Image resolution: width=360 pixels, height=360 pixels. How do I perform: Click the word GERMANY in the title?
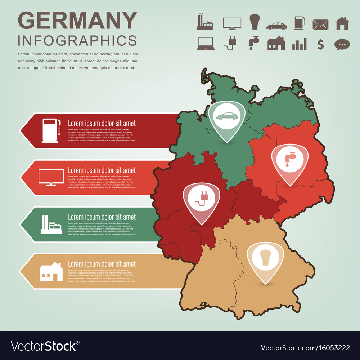tap(77, 21)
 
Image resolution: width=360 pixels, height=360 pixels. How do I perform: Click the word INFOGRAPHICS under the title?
tap(77, 40)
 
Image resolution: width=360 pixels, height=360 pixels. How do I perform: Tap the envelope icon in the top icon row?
tap(320, 24)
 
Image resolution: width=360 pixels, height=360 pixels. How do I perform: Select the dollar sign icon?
tap(320, 44)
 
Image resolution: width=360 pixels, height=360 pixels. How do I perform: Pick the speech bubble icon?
tap(342, 44)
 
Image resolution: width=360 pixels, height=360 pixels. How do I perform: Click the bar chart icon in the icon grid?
tap(299, 44)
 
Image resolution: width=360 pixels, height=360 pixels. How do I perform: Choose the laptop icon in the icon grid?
tap(206, 44)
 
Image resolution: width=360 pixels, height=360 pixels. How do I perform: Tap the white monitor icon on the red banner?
tap(51, 177)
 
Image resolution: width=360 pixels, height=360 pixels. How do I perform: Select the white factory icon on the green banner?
tap(51, 225)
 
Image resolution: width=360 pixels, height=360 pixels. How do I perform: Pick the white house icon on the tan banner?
tap(51, 271)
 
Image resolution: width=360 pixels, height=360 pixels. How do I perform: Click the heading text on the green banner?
tap(102, 217)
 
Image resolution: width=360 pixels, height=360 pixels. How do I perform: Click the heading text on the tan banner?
tap(102, 264)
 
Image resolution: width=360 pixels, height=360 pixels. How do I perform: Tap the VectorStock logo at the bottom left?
tap(45, 346)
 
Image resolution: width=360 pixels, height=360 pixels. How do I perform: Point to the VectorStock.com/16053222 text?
tap(305, 348)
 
